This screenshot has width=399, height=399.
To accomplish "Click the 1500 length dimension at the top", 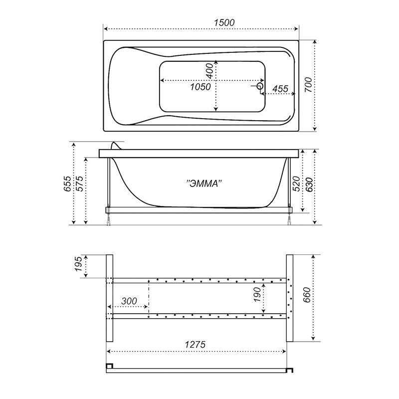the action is pos(224,22).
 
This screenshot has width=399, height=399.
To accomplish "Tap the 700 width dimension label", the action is pos(308,85).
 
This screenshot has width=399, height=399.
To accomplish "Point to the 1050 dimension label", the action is pos(200,87).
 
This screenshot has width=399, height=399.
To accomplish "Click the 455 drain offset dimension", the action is pos(280,89).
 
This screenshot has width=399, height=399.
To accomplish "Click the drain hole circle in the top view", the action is pos(260,86).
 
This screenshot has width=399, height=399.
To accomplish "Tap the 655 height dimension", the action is pos(68,184).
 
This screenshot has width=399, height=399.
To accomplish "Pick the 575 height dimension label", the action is pos(79,184).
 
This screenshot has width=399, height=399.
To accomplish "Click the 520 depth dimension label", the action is pos(297,184).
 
